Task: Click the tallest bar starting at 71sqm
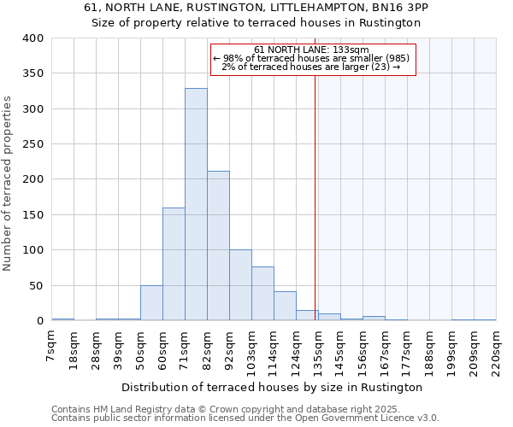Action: click(x=196, y=205)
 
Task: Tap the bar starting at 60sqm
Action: click(x=174, y=264)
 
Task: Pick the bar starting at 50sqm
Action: click(x=151, y=303)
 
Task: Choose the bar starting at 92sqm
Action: click(x=240, y=285)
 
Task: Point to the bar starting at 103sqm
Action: click(x=262, y=294)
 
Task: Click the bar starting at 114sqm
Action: click(x=285, y=306)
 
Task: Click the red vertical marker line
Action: click(x=315, y=188)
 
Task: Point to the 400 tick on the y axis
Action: click(x=33, y=38)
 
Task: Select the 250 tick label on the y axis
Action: click(x=33, y=144)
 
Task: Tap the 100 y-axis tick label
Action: click(x=33, y=250)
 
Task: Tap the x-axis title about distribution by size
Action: click(x=278, y=387)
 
